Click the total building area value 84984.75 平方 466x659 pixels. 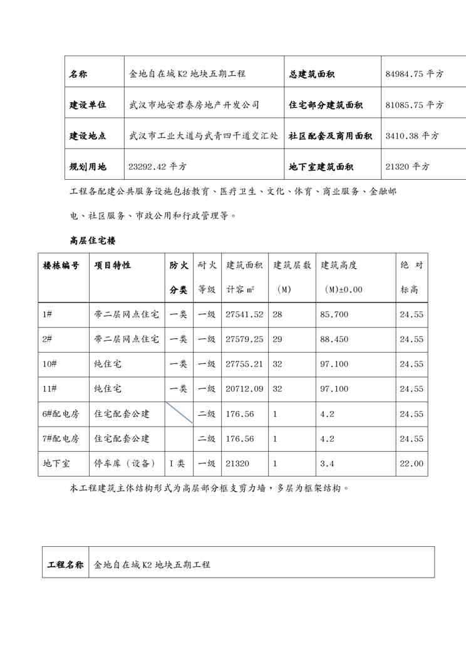[414, 74]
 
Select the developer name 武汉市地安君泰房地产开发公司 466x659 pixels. [194, 105]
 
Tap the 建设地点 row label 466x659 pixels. [88, 135]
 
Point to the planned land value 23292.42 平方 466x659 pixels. [157, 167]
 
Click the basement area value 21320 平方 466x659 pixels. [407, 167]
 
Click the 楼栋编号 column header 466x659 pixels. [61, 266]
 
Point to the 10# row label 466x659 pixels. [49, 364]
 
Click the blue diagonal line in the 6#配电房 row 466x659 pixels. [179, 413]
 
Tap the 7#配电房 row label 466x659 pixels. [61, 438]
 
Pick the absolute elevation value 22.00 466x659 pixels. [412, 464]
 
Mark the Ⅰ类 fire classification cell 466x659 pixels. [177, 464]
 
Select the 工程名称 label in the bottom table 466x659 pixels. [66, 564]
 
